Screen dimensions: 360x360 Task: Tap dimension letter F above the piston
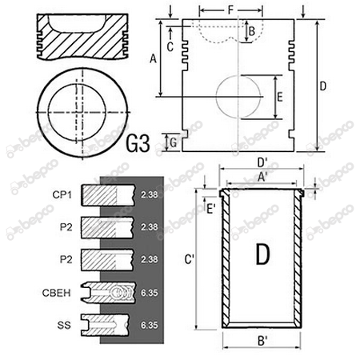pos(230,10)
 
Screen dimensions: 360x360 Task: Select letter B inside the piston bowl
pos(251,31)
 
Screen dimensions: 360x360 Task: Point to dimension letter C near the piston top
pos(170,46)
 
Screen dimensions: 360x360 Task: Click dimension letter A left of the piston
pos(152,58)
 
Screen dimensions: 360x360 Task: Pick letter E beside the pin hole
pos(279,97)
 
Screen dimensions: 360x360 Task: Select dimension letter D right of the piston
pos(323,85)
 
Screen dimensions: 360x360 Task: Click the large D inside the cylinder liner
pos(262,255)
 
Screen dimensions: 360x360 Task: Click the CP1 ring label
pos(64,194)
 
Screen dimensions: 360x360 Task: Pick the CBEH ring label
pos(64,293)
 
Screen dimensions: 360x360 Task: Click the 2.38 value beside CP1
pos(148,194)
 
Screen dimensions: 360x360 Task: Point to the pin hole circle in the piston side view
pos(238,98)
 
